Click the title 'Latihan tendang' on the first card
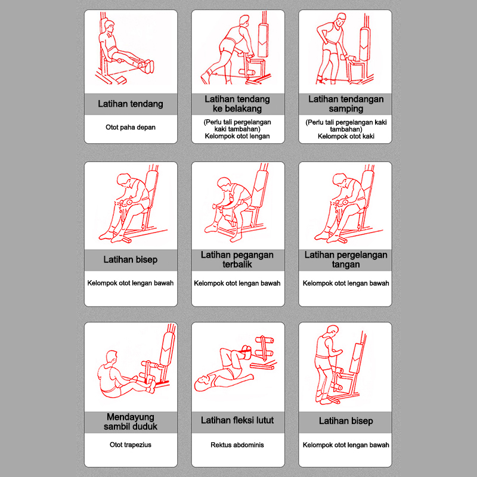pyautogui.click(x=131, y=104)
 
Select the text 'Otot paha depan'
pyautogui.click(x=131, y=128)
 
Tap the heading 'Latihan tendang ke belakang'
pyautogui.click(x=237, y=104)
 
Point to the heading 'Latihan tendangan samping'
pyautogui.click(x=346, y=104)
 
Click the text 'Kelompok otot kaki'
pyautogui.click(x=346, y=136)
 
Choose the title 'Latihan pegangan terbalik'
pyautogui.click(x=237, y=259)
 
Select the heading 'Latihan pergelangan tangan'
pyautogui.click(x=346, y=259)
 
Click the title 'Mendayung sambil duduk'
pyautogui.click(x=131, y=421)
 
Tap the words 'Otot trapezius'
pyautogui.click(x=131, y=445)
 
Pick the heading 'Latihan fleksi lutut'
pyautogui.click(x=237, y=420)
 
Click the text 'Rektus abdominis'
pyautogui.click(x=237, y=445)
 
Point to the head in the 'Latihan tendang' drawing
pyautogui.click(x=109, y=27)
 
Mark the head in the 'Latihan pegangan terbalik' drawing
pyautogui.click(x=225, y=182)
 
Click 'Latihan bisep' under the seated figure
pyautogui.click(x=131, y=259)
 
